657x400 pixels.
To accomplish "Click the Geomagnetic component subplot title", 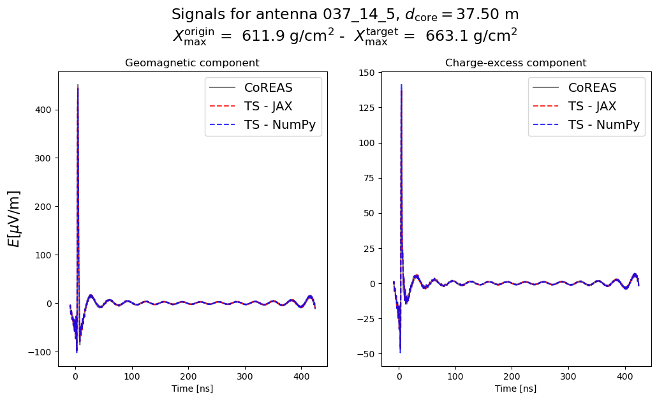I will point(192,63).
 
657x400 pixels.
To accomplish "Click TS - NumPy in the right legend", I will point(603,126).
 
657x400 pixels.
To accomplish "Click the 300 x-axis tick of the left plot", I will point(244,376).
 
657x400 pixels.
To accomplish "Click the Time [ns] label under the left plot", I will point(192,389).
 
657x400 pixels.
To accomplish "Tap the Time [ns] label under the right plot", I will point(515,389).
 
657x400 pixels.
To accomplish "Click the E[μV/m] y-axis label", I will point(14,218).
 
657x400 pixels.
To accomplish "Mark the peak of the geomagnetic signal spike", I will point(78,85).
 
